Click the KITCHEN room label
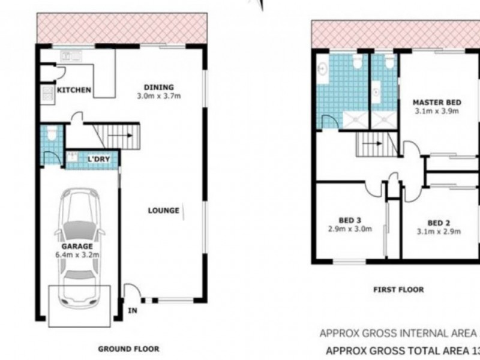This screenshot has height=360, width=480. pos(74,91)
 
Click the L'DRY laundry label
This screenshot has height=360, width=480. pos(97,159)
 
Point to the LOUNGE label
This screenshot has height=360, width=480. pos(164,211)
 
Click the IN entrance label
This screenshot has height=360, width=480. pos(131,310)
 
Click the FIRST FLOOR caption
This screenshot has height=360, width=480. pos(399,290)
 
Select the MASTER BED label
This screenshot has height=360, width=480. pos(436,103)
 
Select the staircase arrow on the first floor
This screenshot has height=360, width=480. pos(376,144)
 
